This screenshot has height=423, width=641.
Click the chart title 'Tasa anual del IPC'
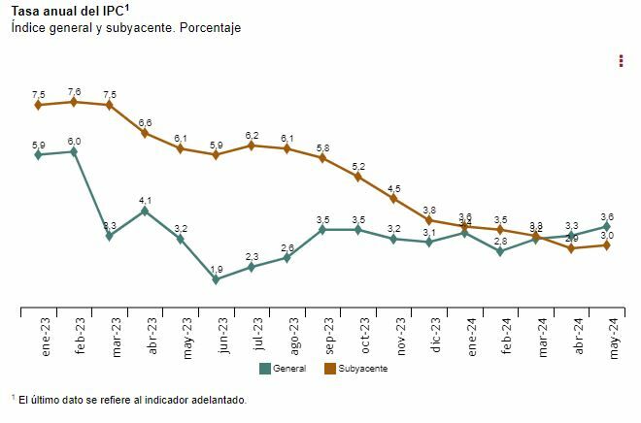70,12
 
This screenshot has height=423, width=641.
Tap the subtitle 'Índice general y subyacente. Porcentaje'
126,28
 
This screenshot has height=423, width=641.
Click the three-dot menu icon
621,61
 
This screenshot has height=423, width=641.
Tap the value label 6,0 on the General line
74,142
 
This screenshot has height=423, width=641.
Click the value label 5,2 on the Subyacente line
358,167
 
